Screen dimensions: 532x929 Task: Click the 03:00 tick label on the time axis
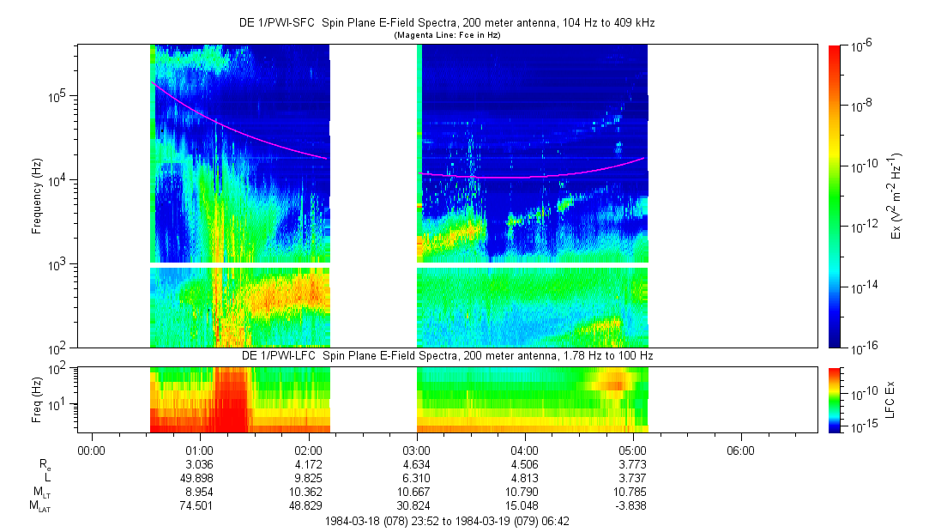(x=416, y=450)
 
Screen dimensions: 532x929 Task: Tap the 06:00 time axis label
(x=740, y=450)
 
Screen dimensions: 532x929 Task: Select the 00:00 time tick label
(x=92, y=450)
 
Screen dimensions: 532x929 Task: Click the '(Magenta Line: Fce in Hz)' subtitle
(x=446, y=35)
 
